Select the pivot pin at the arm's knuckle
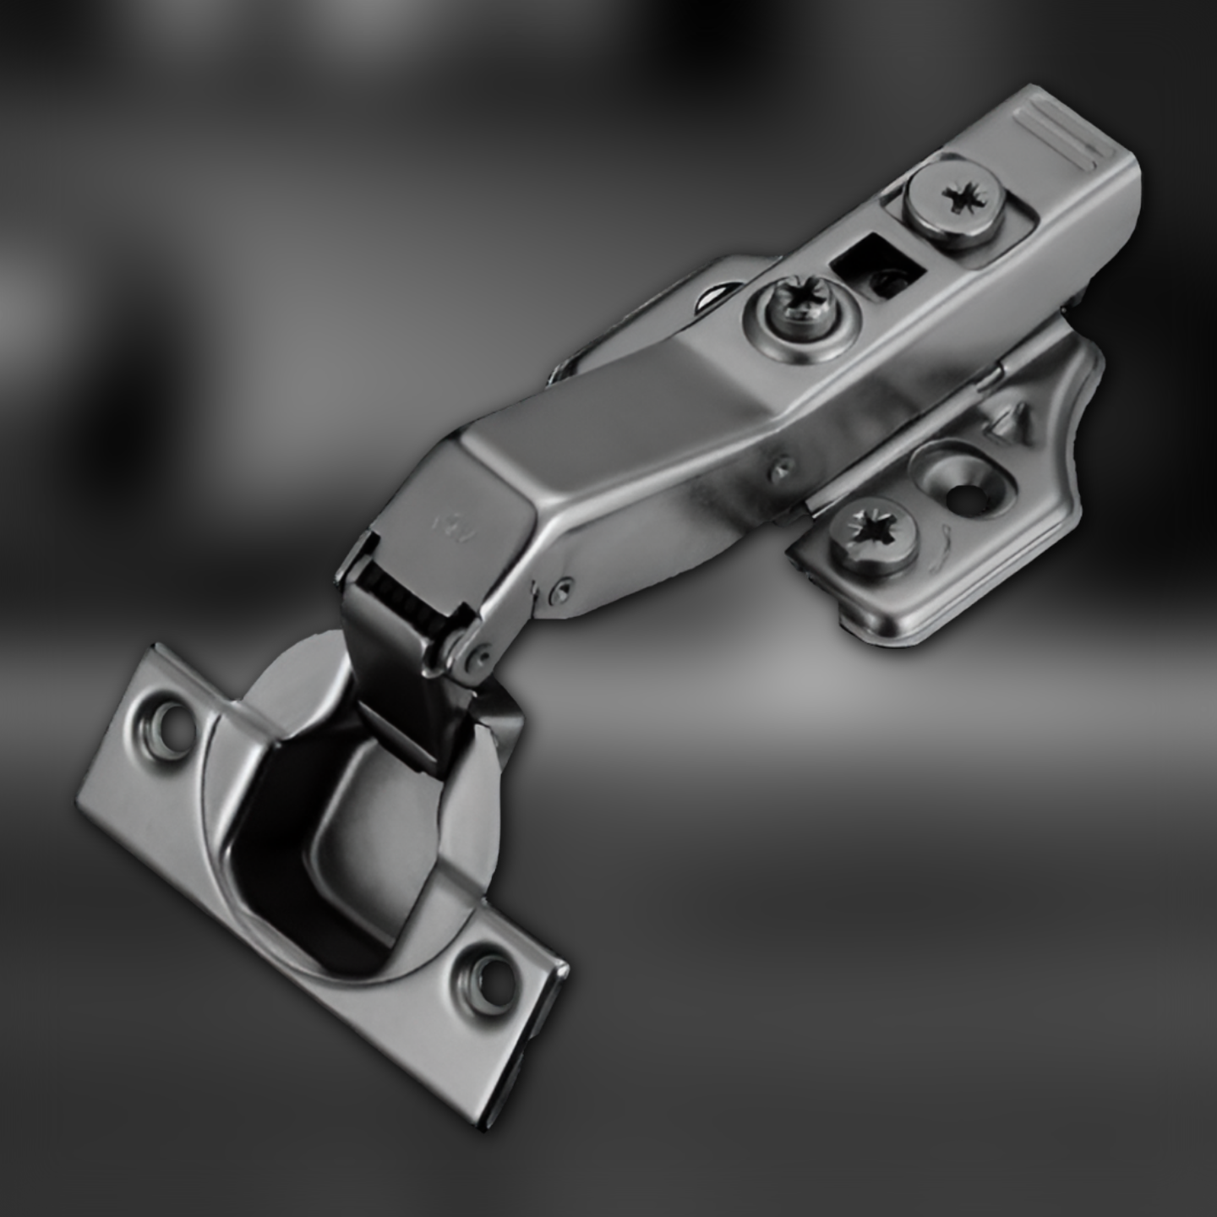(x=482, y=652)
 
